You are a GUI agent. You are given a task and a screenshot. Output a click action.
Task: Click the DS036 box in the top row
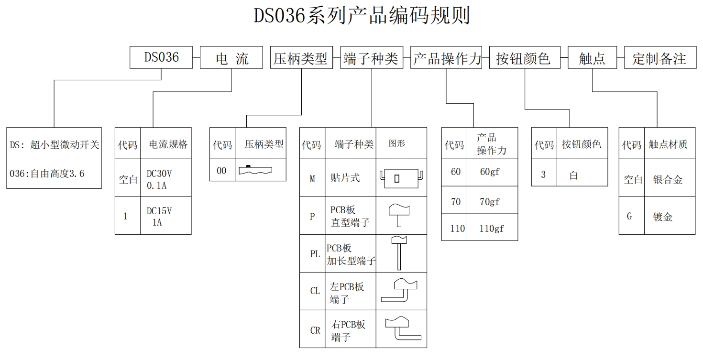coord(161,57)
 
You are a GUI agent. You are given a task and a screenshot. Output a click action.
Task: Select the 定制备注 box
coord(659,58)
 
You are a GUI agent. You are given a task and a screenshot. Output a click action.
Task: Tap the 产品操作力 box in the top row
coord(446,58)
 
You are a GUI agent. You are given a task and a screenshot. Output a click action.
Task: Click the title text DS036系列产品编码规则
coord(362,16)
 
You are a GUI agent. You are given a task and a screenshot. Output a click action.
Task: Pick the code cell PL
coord(315,254)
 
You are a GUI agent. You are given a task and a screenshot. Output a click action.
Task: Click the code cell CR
coord(315,330)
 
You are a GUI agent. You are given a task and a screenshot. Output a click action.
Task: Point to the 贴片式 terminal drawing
coord(401,178)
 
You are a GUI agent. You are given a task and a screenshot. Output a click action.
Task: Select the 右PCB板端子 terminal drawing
coord(402,328)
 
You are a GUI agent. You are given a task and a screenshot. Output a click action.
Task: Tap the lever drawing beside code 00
coord(255,170)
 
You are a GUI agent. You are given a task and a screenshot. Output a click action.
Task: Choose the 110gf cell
coord(492,229)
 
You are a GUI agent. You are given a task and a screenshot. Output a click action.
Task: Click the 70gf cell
coord(490,202)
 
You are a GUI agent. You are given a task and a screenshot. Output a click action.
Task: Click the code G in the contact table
coord(629,216)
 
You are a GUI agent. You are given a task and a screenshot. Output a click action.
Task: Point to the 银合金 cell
coord(668,180)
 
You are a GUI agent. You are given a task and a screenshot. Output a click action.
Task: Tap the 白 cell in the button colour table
coord(574,175)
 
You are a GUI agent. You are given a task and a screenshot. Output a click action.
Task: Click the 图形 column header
coord(397,143)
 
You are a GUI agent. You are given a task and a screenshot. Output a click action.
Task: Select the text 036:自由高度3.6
coord(47,174)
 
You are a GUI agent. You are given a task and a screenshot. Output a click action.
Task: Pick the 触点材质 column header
coord(668,144)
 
